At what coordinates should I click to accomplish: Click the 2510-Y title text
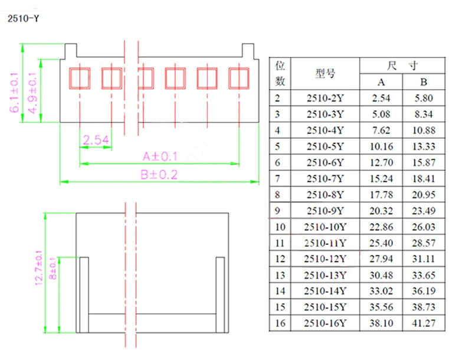coord(23,19)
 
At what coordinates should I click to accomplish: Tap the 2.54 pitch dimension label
coord(96,140)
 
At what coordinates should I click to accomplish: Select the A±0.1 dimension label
coord(160,156)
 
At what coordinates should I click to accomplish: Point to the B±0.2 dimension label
coord(159,175)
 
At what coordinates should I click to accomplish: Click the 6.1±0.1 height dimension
coord(14,93)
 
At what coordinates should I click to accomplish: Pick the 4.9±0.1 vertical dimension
coord(32,93)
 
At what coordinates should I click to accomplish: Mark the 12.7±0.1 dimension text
coord(39,268)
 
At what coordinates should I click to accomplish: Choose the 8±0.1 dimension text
coord(53,269)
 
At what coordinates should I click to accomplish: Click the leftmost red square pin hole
coord(80,78)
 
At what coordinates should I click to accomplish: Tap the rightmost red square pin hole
coord(239,78)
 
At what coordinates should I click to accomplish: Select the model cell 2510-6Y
coord(325,162)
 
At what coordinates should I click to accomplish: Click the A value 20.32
coord(381,211)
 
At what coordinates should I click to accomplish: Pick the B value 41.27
coord(424,323)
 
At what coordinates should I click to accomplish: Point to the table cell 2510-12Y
coord(325,259)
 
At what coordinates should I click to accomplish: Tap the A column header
coord(381,82)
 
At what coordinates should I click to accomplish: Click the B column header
coord(424,82)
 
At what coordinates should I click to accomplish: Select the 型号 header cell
coord(325,73)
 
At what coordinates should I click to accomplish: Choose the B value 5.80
coord(424,98)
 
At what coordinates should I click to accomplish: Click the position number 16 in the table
coord(280,323)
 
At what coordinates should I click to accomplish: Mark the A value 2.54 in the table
coord(381,98)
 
